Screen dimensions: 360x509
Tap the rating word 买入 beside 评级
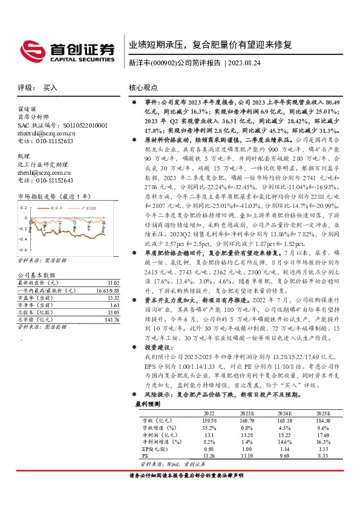point(51,87)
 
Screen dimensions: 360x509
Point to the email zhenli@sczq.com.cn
point(41,189)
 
